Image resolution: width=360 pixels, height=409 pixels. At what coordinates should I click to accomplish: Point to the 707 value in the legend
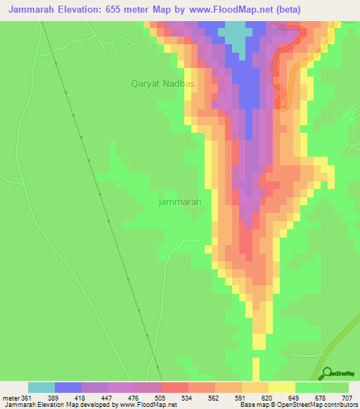pos(347,398)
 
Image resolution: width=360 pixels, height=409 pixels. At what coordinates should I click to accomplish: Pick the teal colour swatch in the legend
pos(41,387)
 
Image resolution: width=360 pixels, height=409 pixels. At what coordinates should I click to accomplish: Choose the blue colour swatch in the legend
pos(68,387)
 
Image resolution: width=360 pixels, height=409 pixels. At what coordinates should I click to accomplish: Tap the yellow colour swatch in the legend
pos(281,387)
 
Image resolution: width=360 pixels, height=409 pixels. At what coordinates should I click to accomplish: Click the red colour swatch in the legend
pos(174,387)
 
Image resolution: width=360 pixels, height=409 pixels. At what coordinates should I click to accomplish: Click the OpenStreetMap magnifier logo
pos(326,373)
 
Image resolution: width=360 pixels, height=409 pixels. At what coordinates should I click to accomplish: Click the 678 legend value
pos(321,398)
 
